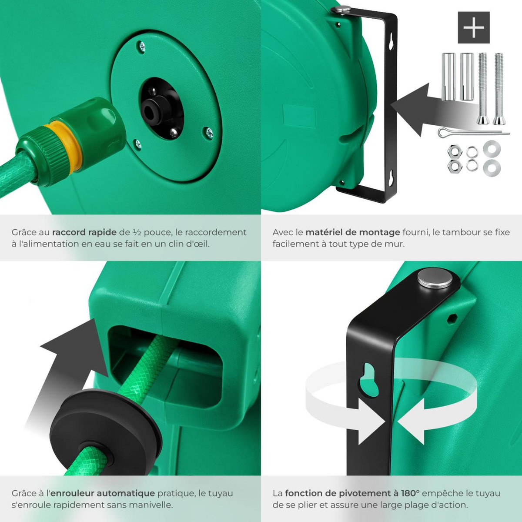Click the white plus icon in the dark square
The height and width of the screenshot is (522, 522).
pyautogui.click(x=474, y=27)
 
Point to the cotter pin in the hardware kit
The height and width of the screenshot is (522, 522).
pyautogui.click(x=472, y=133)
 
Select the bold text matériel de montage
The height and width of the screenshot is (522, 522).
pyautogui.click(x=352, y=232)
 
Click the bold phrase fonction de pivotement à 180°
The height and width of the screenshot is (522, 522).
pyautogui.click(x=352, y=493)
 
